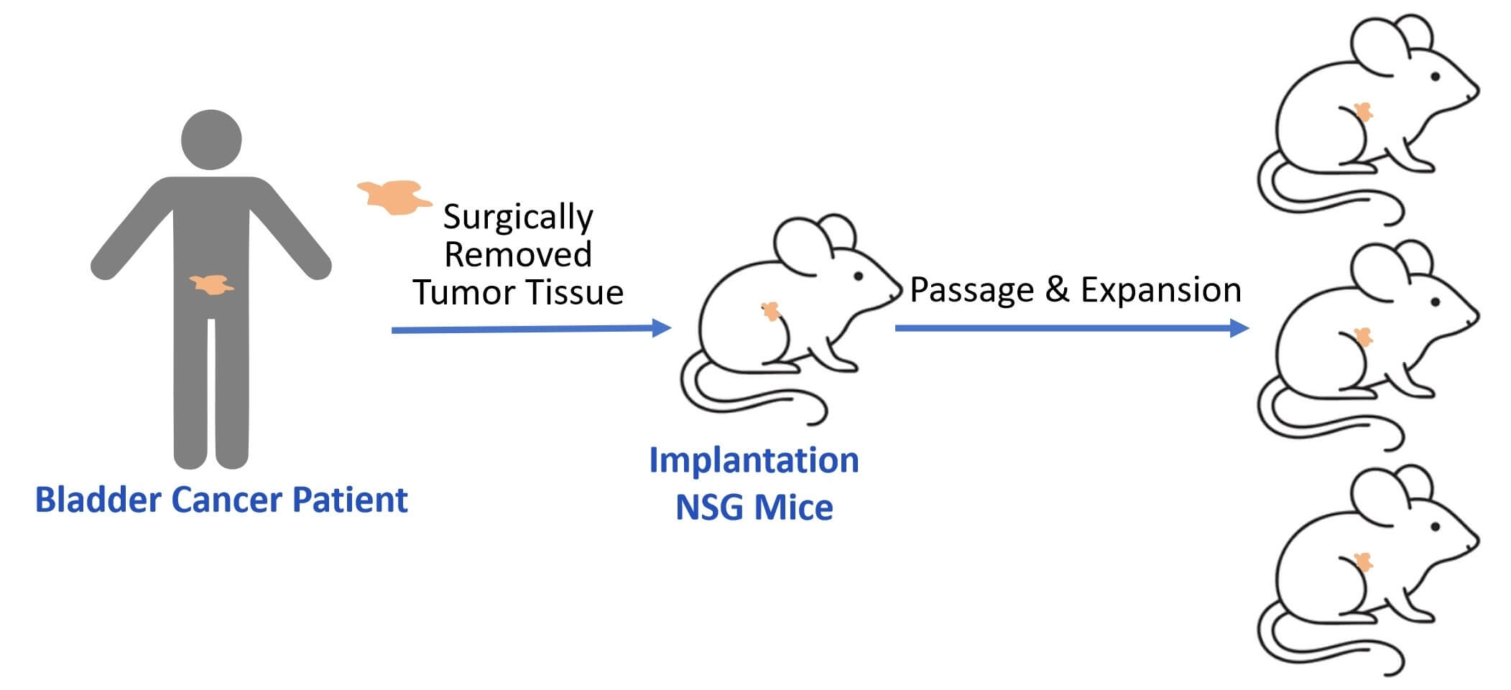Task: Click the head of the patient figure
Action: coord(211,140)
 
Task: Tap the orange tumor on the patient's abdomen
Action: coord(211,284)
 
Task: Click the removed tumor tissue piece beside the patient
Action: coord(394,196)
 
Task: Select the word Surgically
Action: coord(518,216)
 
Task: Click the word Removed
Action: coord(518,255)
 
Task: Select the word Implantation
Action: coord(754,460)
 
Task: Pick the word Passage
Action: coord(972,290)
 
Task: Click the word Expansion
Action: coord(1161,290)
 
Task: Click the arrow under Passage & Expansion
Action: coord(1071,328)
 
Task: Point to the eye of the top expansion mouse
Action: coord(1435,76)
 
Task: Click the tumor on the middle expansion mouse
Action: coord(1362,335)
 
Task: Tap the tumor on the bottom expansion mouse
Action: coord(1362,560)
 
